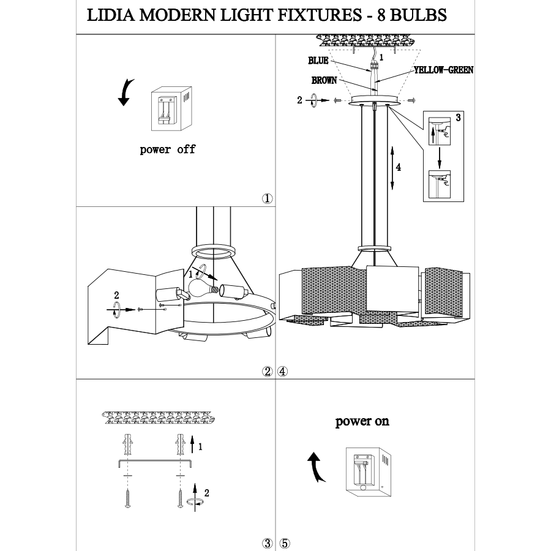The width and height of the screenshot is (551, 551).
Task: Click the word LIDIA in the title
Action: (x=110, y=15)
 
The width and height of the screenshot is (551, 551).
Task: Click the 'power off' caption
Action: (x=167, y=149)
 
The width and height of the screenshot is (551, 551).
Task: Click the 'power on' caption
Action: (x=362, y=422)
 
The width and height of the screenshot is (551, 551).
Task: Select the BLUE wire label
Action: (x=318, y=61)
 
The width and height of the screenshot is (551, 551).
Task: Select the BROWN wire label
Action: (x=323, y=80)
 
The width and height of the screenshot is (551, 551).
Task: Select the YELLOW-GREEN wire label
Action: (x=443, y=70)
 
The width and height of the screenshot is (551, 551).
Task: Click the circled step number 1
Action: (x=267, y=199)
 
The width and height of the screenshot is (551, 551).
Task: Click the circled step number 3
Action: (x=267, y=543)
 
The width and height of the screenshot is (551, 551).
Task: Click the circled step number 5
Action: (x=284, y=543)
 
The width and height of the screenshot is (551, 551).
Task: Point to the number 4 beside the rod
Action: (x=398, y=167)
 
